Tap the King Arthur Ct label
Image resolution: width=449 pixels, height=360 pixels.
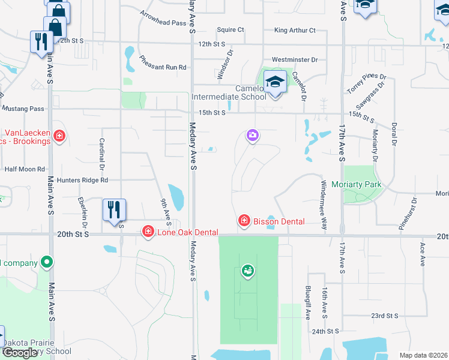294,30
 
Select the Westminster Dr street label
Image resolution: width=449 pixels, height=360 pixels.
294,60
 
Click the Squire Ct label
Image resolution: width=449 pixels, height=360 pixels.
231,29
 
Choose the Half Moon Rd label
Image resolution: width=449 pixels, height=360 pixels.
25,169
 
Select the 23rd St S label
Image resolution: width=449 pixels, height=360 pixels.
384,316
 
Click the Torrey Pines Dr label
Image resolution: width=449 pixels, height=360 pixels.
366,85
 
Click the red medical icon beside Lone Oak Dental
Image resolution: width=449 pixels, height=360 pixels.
147,232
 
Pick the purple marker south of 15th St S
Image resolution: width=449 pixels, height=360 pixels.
253,136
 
